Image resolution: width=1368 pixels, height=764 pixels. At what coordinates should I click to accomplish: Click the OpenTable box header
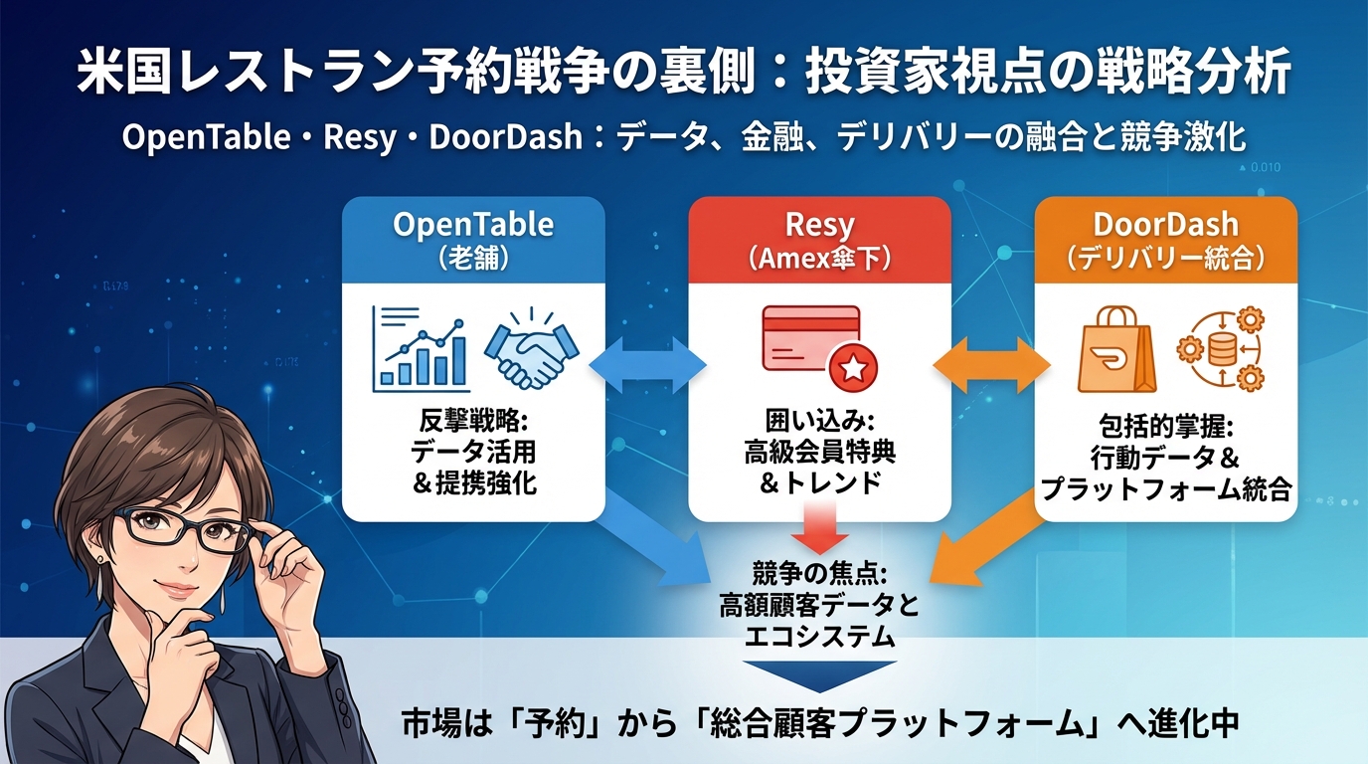pyautogui.click(x=473, y=238)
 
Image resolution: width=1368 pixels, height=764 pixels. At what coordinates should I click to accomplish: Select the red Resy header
pyautogui.click(x=819, y=238)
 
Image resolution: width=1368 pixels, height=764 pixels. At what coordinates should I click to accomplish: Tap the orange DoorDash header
pyautogui.click(x=1165, y=238)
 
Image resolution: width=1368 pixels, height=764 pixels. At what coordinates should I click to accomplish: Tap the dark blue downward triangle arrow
pyautogui.click(x=819, y=675)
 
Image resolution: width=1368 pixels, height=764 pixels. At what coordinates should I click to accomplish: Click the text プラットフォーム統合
pyautogui.click(x=1165, y=488)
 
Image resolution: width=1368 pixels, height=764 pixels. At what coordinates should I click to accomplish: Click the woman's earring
pyautogui.click(x=106, y=561)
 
